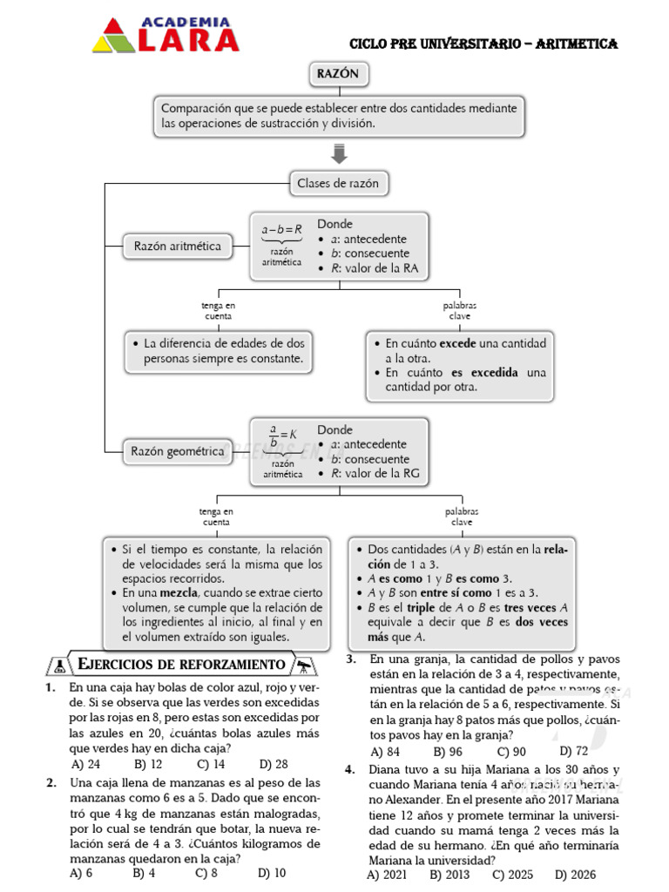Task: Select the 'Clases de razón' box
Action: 339,184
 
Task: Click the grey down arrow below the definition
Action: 340,155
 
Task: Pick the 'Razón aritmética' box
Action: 177,247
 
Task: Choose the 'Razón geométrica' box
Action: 177,451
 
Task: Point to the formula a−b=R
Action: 281,229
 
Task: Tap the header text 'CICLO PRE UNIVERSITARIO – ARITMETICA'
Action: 483,44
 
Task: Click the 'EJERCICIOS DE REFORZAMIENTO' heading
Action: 181,666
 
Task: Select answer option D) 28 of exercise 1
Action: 273,764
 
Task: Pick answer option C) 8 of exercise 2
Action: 206,872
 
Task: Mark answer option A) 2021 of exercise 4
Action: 387,874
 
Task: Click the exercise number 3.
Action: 350,659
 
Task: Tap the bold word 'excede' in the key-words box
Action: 457,343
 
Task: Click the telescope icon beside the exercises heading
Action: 305,666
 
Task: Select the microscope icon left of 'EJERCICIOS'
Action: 59,666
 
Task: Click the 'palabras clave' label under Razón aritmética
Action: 459,310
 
